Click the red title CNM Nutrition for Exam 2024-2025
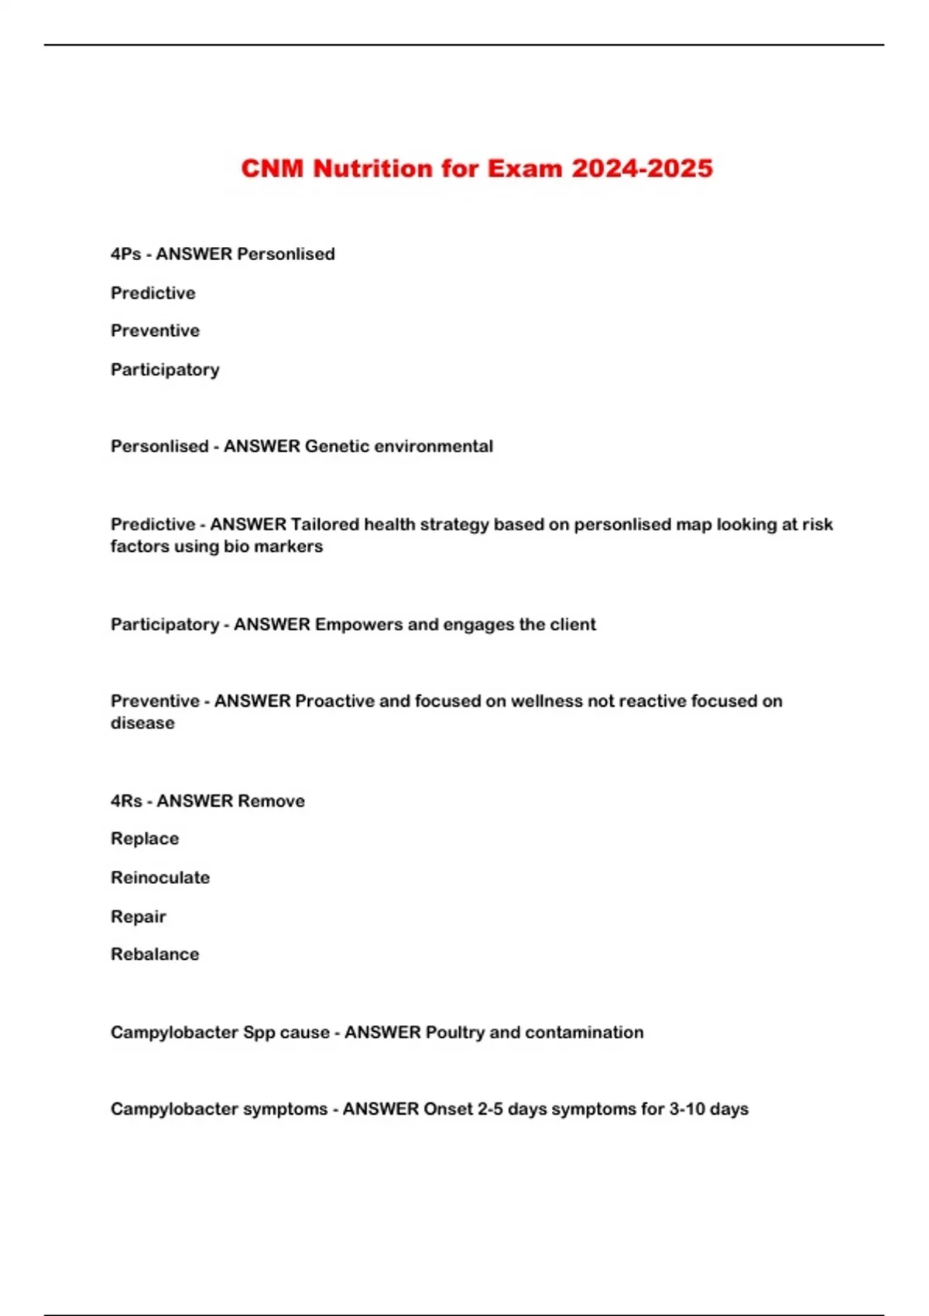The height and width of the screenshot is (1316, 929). click(476, 169)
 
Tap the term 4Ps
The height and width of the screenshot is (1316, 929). click(125, 254)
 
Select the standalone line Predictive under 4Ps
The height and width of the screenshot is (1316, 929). click(153, 293)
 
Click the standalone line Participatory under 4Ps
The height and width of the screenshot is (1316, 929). click(165, 369)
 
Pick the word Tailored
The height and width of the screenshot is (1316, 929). click(324, 524)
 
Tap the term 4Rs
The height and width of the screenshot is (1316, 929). click(125, 800)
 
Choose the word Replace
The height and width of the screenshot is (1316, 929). click(145, 838)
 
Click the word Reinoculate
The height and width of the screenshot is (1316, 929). click(160, 877)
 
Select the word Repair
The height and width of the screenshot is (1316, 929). click(139, 917)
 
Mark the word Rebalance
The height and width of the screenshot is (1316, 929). click(155, 954)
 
